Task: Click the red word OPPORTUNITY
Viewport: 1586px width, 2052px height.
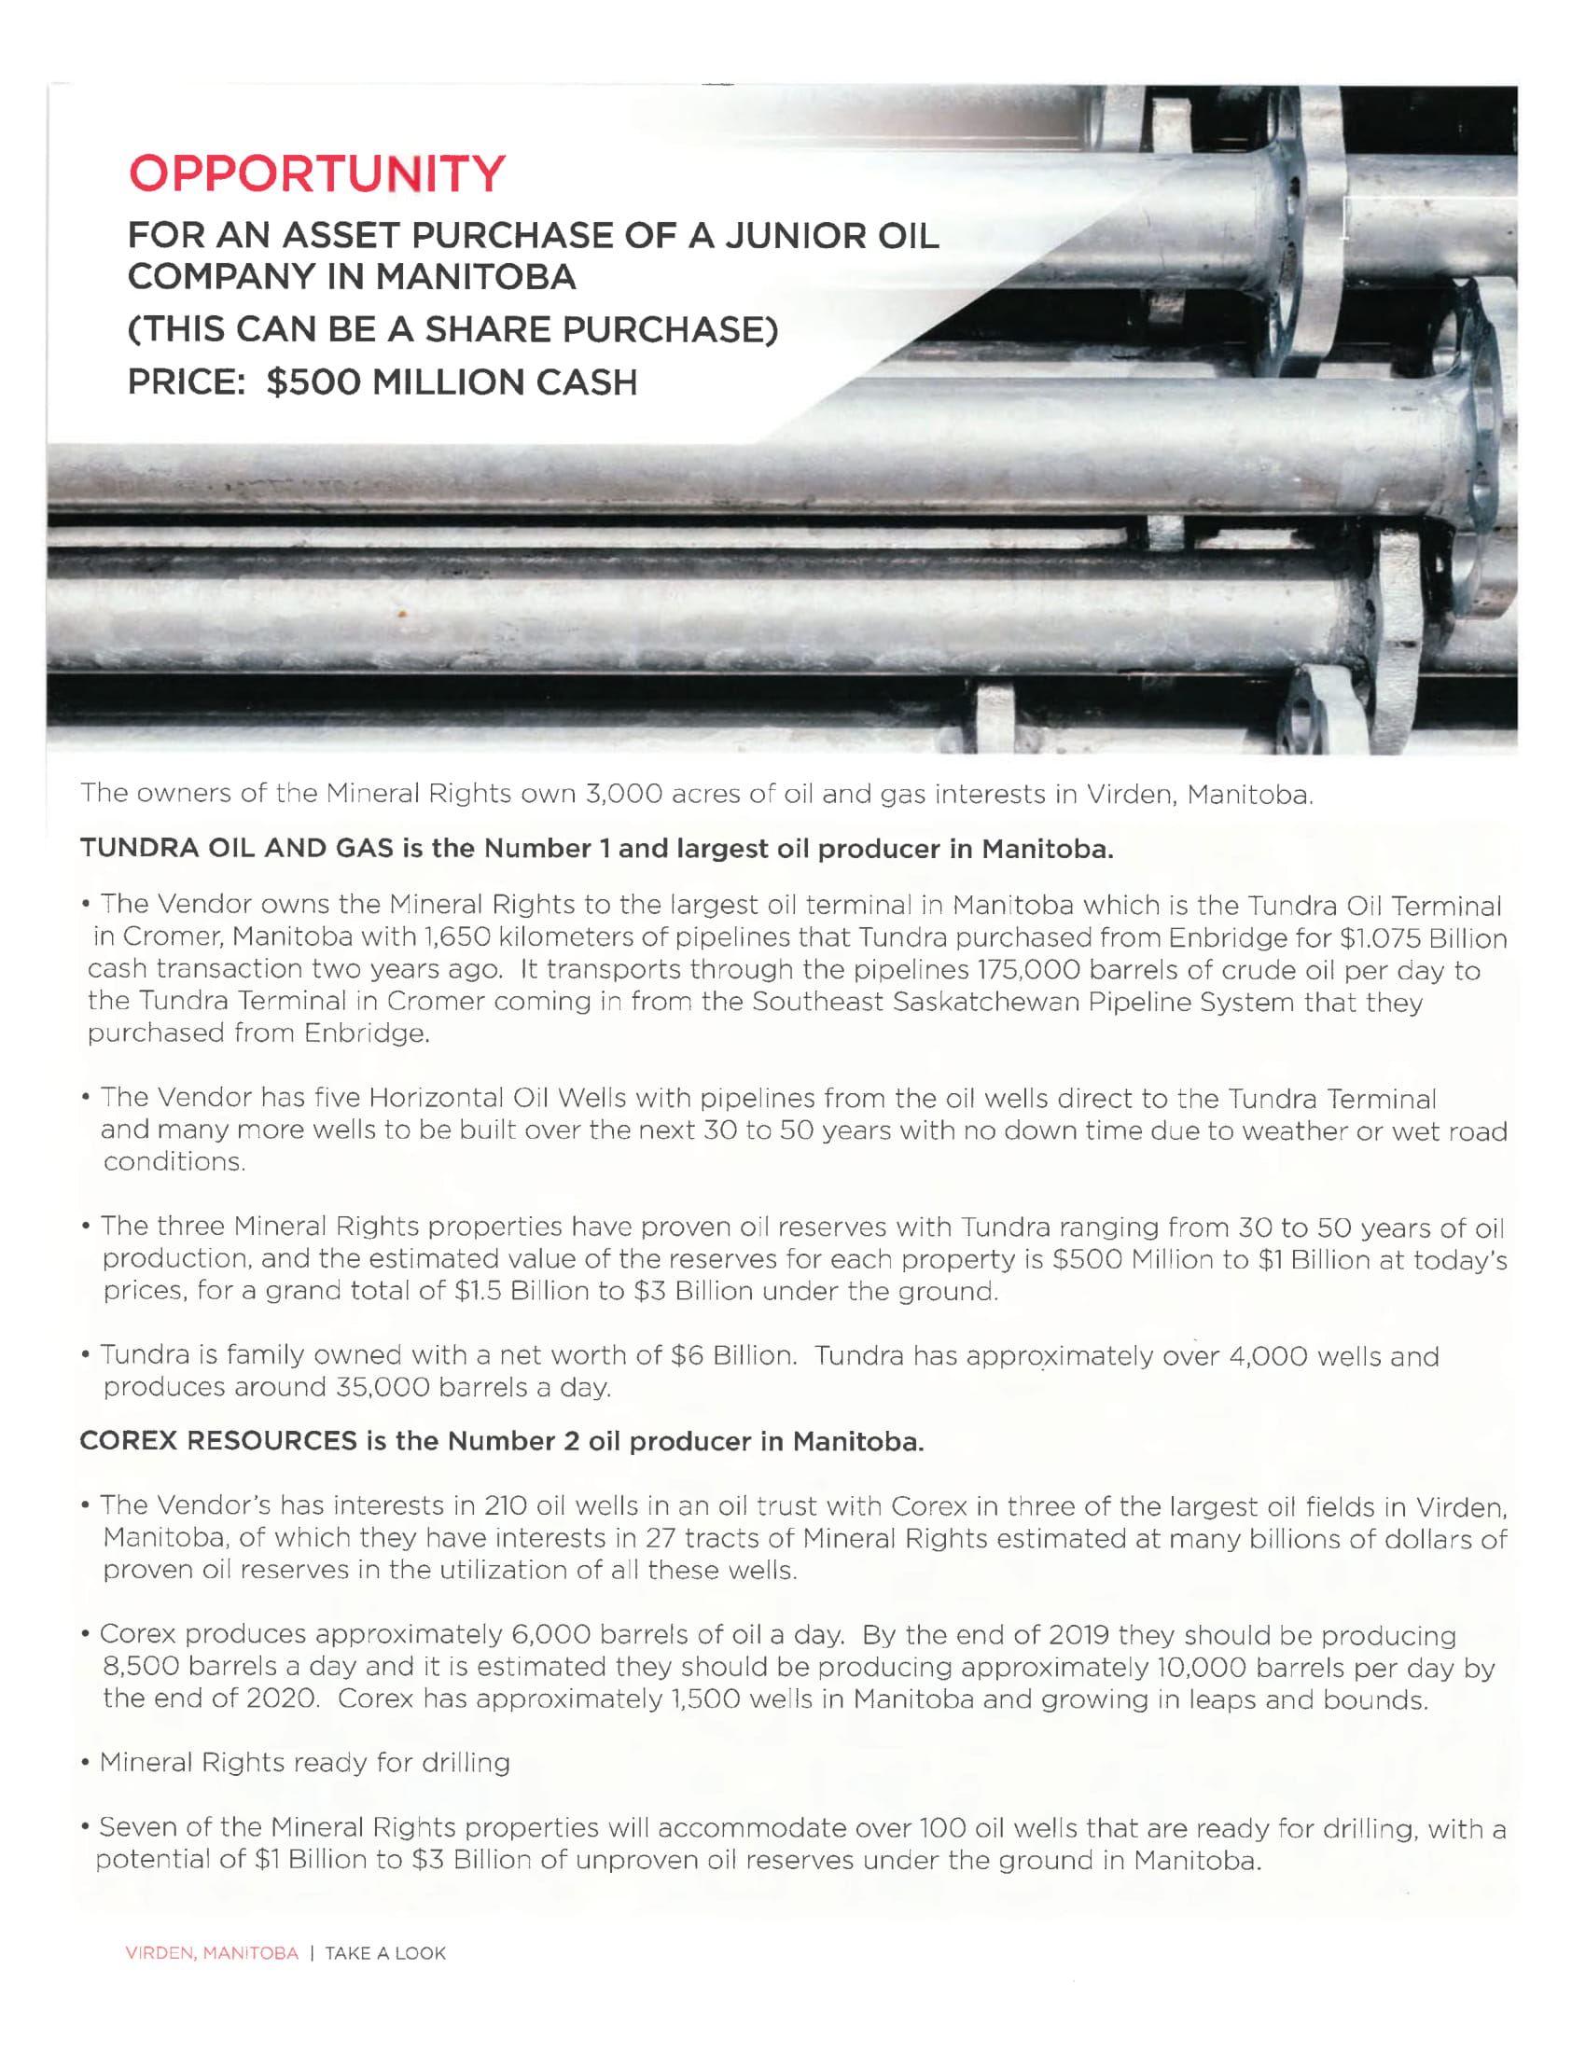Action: [x=316, y=173]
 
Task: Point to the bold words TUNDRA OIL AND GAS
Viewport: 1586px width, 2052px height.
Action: [x=237, y=849]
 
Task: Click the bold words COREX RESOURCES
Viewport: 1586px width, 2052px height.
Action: [x=218, y=1441]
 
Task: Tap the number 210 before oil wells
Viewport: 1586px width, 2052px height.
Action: [x=506, y=1505]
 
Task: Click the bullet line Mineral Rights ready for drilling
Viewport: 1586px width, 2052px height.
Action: [x=304, y=1763]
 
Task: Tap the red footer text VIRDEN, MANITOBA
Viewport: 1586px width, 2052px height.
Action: [x=212, y=1953]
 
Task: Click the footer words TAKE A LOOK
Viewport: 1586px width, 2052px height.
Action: [x=385, y=1953]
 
